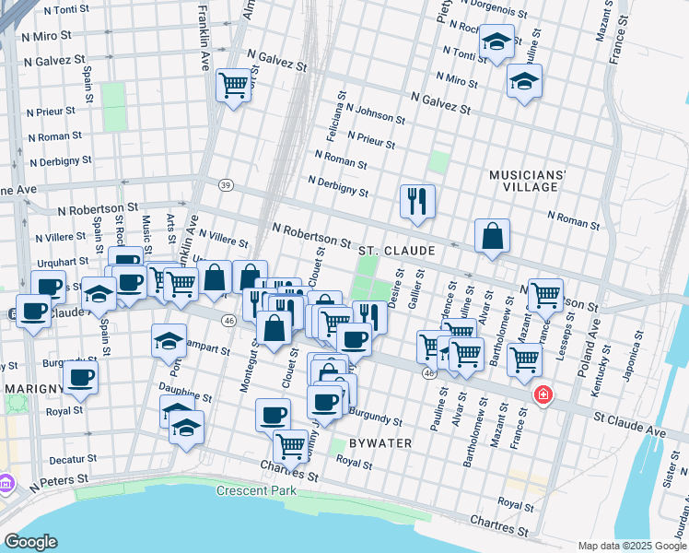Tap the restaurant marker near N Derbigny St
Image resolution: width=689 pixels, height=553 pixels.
[x=417, y=200]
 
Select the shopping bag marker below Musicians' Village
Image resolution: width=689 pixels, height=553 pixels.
[x=493, y=235]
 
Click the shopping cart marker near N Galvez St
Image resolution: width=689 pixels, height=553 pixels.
[x=234, y=85]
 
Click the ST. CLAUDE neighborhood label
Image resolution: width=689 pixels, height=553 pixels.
[x=396, y=250]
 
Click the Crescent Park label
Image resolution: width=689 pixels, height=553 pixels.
[x=256, y=490]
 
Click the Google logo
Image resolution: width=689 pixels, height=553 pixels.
[x=30, y=542]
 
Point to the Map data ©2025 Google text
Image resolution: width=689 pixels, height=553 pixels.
[x=631, y=546]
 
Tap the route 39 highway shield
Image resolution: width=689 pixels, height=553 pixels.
[x=226, y=185]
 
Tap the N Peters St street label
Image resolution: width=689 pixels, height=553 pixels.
[x=59, y=480]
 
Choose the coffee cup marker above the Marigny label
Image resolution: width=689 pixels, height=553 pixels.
[x=80, y=376]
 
